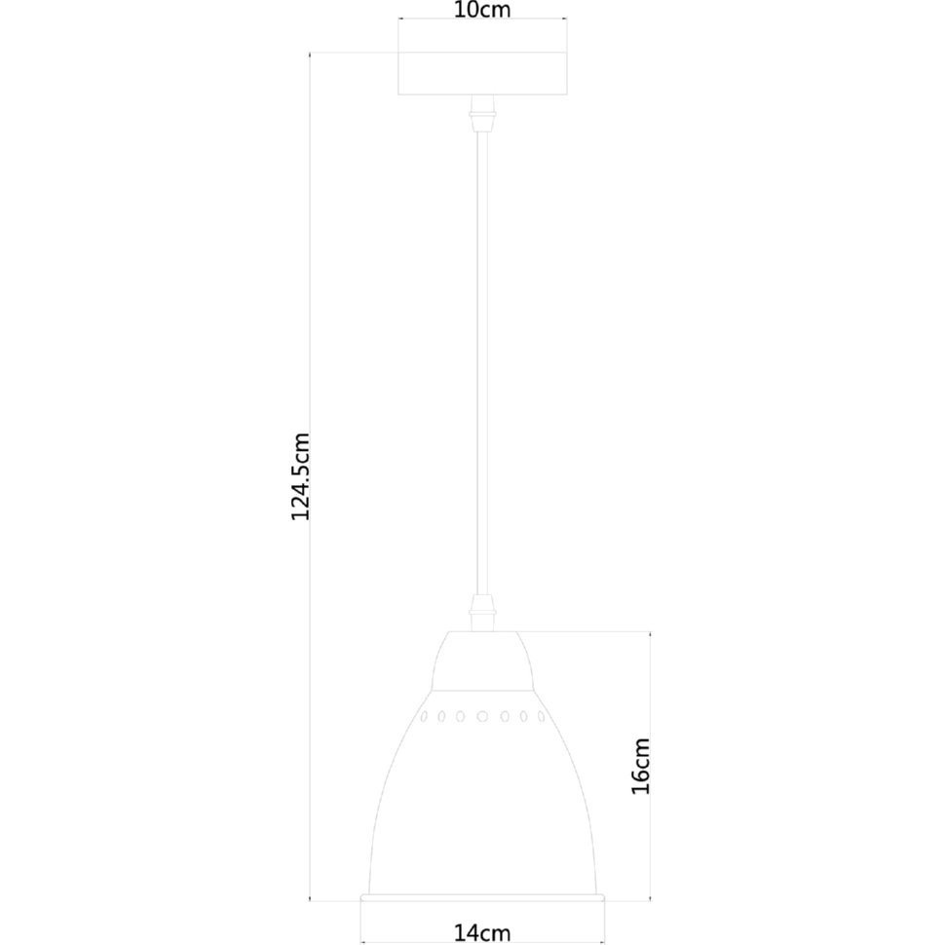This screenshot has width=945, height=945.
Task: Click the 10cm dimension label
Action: (481, 9)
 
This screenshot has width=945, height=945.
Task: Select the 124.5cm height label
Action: (300, 476)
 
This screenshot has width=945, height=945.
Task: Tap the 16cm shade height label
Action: (641, 766)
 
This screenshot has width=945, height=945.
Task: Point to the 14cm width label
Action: (481, 933)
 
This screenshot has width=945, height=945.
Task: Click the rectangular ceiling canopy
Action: (482, 73)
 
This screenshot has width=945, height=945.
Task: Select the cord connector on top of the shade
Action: (482, 613)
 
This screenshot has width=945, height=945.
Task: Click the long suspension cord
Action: (482, 363)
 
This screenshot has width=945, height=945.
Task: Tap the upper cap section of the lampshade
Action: (482, 661)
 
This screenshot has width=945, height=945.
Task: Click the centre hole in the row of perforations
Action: (482, 717)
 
